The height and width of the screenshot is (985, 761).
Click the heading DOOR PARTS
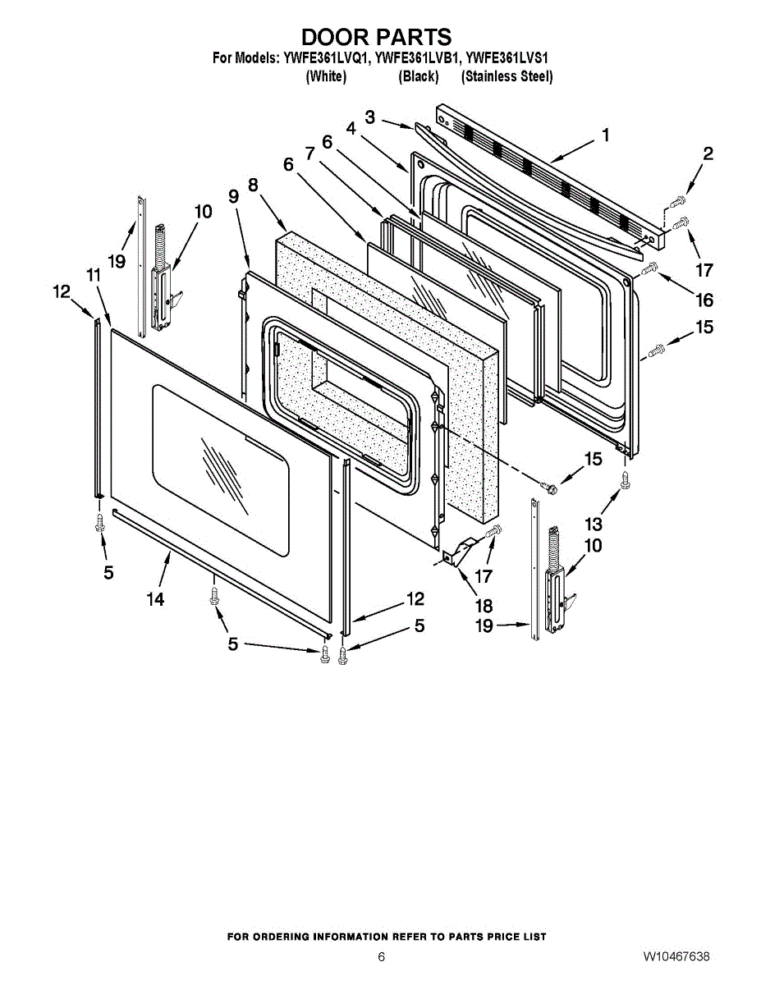[x=376, y=37]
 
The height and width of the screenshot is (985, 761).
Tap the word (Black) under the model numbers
[x=419, y=76]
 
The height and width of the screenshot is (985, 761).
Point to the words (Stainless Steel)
[x=507, y=76]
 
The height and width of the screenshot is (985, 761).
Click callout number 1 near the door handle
[x=606, y=135]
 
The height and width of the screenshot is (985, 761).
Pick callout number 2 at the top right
[x=708, y=153]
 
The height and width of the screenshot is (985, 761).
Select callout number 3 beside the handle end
[x=370, y=117]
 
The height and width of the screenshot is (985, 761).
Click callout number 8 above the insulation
[x=253, y=186]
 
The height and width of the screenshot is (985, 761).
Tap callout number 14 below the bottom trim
[x=155, y=600]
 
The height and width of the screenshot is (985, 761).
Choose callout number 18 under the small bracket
[x=484, y=606]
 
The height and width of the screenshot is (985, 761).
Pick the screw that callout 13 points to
[x=625, y=481]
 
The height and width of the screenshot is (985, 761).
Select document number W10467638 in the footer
[x=676, y=957]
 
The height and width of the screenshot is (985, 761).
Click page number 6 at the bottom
[x=381, y=957]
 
